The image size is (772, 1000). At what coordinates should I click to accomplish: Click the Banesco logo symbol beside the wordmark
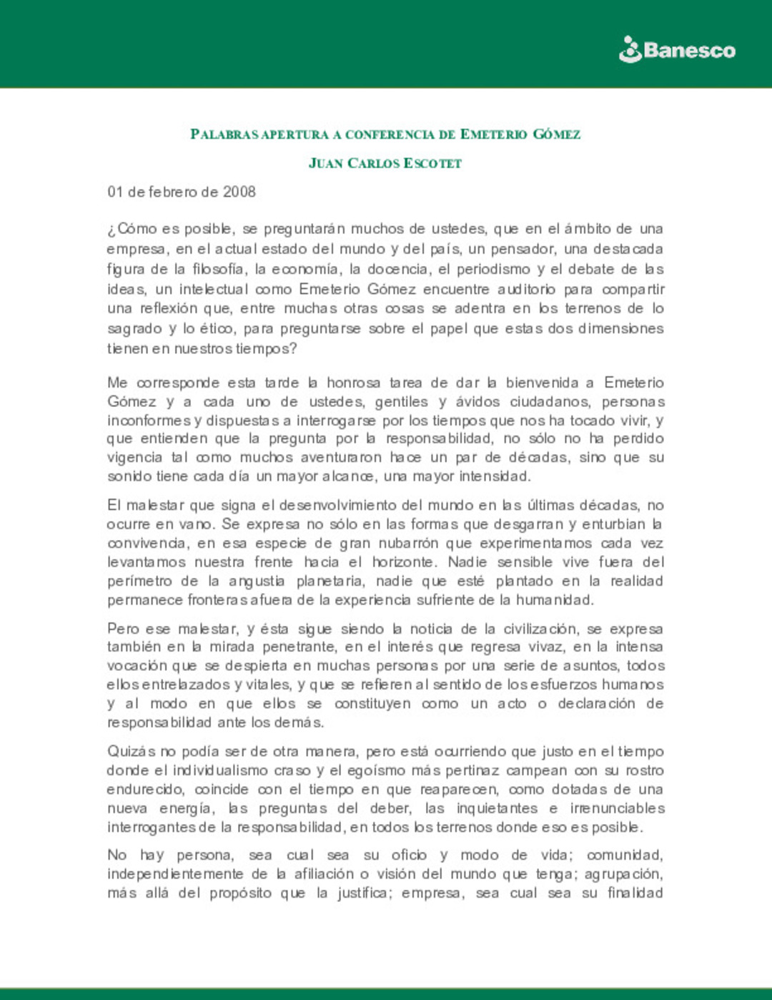tap(630, 50)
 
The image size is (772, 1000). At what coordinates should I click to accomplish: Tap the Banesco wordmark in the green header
tap(689, 51)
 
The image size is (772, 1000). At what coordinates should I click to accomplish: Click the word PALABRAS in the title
tap(224, 134)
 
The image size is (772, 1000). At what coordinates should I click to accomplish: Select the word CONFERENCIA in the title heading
tap(390, 134)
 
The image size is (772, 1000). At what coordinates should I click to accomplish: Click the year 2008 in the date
tap(239, 192)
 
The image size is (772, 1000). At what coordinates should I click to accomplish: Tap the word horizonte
tap(403, 562)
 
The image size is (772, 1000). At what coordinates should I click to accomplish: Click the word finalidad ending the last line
tap(635, 893)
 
